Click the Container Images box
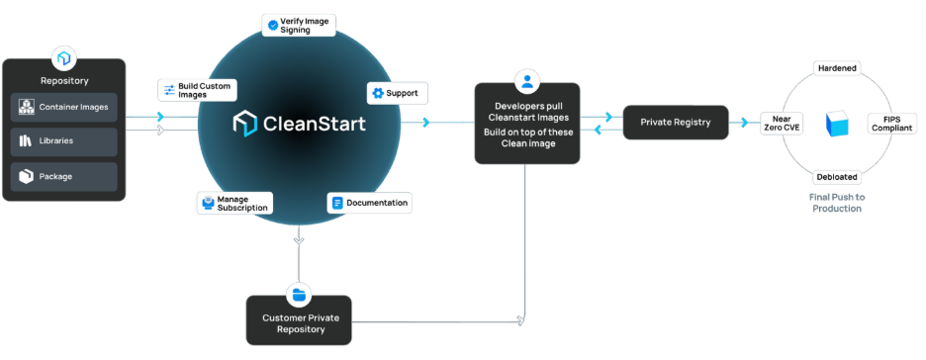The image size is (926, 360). pos(64,106)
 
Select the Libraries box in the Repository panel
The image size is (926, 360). pos(64,141)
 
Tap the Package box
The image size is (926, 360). pos(64,176)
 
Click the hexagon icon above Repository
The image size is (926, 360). pos(64,56)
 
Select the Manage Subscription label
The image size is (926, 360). pos(234,203)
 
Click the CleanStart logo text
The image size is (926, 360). pos(300,124)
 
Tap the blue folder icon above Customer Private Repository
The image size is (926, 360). pos(299,294)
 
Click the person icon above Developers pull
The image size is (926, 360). pos(527,80)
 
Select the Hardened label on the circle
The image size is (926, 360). pos(836,67)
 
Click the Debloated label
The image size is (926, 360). pos(836,177)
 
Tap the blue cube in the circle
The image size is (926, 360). pos(837,124)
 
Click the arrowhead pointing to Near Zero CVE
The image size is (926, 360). pos(746,123)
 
